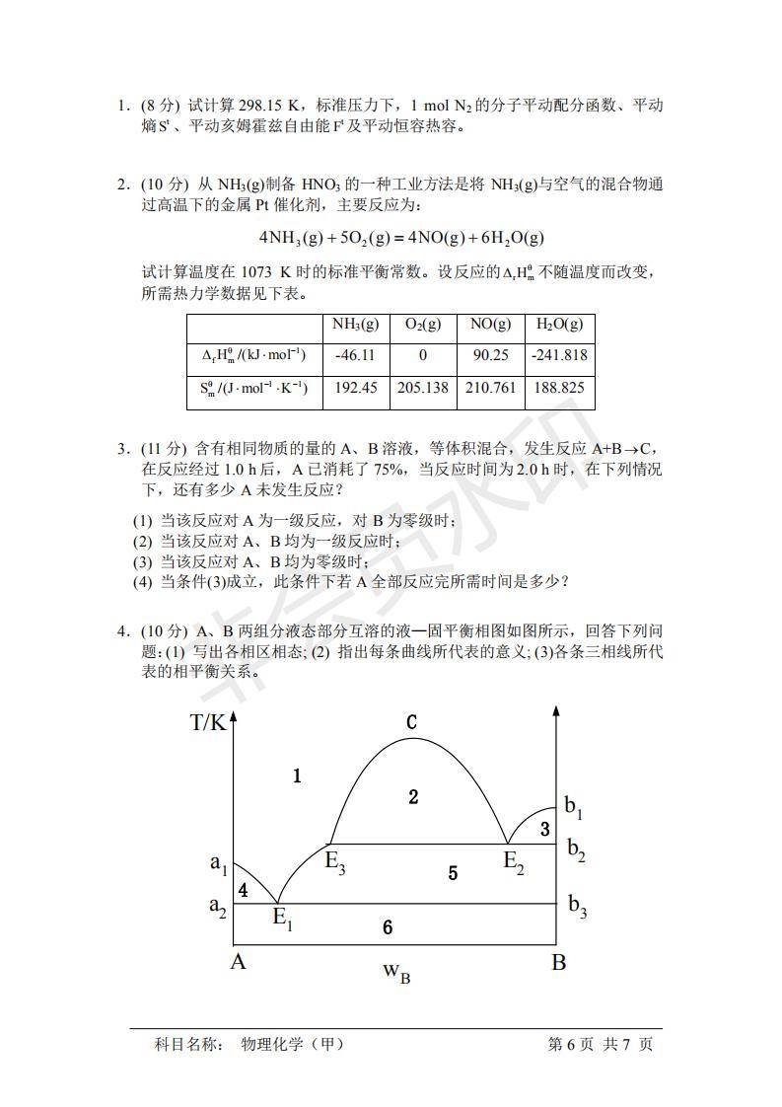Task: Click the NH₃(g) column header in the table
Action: tap(356, 325)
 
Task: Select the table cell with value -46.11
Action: tap(356, 355)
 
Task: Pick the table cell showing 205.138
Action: tap(423, 388)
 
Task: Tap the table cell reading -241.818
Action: tap(559, 355)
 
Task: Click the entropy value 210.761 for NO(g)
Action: tap(491, 388)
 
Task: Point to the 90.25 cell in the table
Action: tap(491, 355)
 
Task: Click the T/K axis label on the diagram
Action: tap(208, 722)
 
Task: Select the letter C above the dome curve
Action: tap(412, 722)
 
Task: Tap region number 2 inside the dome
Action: tap(413, 796)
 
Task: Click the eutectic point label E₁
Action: tap(282, 919)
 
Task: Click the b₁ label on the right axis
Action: tap(574, 807)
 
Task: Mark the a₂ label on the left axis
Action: tap(218, 906)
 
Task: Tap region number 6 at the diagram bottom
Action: tap(388, 927)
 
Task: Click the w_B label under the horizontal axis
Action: tap(396, 972)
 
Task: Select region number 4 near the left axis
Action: tap(243, 890)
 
